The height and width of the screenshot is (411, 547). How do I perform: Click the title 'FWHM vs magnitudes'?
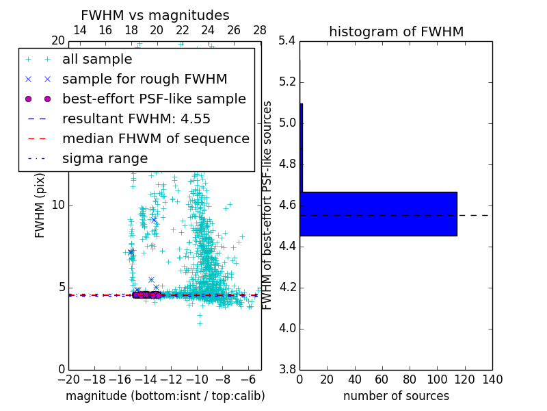tap(155, 15)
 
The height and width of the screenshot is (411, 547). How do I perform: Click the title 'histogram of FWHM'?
tap(396, 32)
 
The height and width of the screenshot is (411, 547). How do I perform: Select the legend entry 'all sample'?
tap(97, 60)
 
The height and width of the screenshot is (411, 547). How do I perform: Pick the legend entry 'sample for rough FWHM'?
tap(144, 79)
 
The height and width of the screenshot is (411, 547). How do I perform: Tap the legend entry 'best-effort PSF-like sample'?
tap(154, 99)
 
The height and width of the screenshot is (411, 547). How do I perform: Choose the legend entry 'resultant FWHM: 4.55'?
tap(136, 119)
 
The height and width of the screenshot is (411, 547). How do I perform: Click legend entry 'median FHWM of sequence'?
tap(155, 138)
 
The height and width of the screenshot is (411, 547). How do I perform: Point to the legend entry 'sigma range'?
tap(105, 158)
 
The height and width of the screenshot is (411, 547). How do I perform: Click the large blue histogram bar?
tap(378, 214)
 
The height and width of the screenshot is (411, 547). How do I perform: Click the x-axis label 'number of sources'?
tap(396, 396)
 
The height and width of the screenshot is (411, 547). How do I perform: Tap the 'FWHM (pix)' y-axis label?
tap(40, 205)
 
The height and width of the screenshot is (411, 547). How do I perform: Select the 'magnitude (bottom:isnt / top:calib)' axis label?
tap(165, 396)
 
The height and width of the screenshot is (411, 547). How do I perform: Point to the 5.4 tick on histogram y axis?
tap(287, 41)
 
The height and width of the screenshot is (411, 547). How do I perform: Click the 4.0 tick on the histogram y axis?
tap(287, 328)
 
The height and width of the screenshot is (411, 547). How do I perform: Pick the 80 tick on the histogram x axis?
tap(410, 379)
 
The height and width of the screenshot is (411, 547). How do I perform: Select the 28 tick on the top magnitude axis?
tap(260, 30)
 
